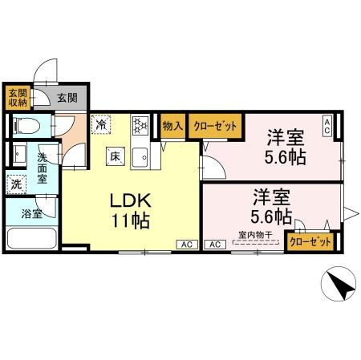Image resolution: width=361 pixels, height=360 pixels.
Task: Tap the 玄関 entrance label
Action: point(67,98)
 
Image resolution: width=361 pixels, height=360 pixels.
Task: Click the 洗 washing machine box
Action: point(17,184)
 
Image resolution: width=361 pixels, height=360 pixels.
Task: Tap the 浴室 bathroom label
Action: point(33,214)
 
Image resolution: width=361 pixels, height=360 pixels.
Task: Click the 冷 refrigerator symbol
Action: point(101,124)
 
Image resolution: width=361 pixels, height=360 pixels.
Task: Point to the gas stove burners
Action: point(139,125)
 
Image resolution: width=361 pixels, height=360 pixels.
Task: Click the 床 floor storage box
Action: point(115,156)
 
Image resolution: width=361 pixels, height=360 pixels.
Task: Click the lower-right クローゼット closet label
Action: point(310,241)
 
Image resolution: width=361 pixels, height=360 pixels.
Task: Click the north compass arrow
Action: point(338,286)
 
